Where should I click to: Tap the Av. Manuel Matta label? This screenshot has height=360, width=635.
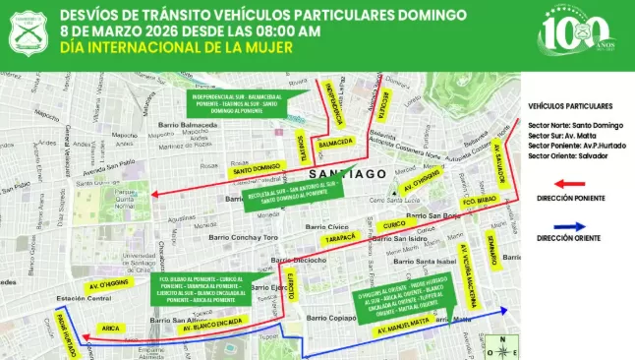(404, 319)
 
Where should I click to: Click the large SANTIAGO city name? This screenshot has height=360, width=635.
(357, 173)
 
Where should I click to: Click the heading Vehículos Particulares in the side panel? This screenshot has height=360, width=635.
(570, 105)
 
